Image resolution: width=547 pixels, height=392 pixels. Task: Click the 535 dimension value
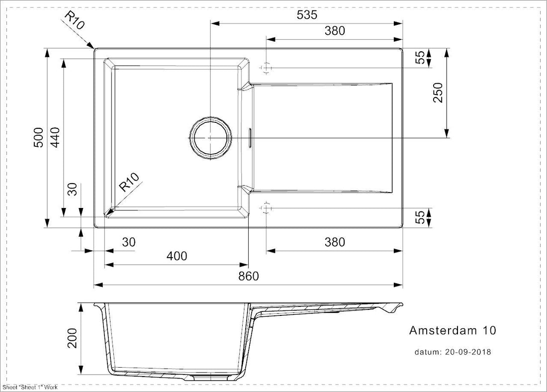pos(307,15)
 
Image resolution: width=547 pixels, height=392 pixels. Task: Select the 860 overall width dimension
pos(249,277)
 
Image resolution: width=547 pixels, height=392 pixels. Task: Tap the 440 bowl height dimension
pos(55,138)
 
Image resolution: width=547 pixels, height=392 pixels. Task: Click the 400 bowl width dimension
pos(177,256)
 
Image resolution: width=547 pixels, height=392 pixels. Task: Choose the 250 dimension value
pos(438,93)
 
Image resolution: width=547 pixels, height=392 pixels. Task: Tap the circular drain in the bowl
pos(210,137)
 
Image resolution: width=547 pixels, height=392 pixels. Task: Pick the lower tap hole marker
pos(267,207)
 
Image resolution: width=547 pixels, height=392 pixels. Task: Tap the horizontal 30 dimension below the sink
pos(128,242)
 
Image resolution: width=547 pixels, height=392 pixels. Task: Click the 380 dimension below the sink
pos(335,242)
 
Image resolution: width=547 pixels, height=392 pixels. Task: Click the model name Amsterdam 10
pos(452,330)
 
